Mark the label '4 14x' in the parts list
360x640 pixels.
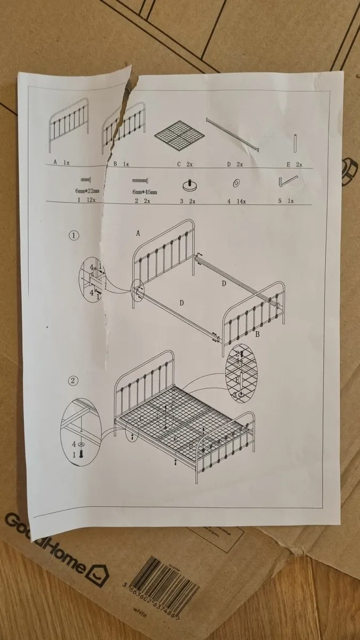(235, 202)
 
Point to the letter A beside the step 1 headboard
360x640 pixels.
(138, 233)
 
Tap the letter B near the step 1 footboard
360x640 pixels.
(257, 334)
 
